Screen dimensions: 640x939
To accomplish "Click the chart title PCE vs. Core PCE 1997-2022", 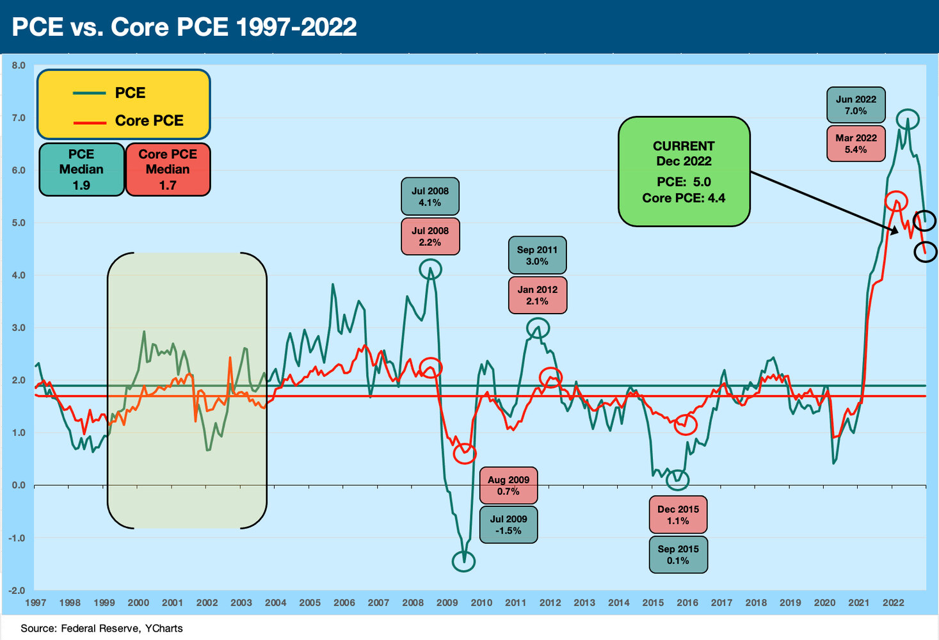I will pos(184,27).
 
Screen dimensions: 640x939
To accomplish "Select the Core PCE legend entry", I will pos(148,121).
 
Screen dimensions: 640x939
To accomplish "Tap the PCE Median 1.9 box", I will pos(81,170).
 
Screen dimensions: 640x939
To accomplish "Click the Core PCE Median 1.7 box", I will pos(168,170).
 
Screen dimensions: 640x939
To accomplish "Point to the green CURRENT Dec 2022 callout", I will pos(684,172).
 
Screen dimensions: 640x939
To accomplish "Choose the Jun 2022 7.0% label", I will pos(856,105).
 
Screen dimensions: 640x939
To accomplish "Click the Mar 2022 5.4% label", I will pos(856,144).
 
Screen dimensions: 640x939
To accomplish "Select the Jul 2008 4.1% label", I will pos(429,196).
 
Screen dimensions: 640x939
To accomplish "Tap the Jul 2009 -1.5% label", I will pos(508,525).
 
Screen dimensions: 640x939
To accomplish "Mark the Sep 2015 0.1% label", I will pos(678,554).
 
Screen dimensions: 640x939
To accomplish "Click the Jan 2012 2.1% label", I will pos(537,295).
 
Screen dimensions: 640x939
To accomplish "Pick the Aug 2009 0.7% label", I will pos(508,486).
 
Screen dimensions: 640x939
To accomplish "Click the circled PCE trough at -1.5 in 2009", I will pos(464,561).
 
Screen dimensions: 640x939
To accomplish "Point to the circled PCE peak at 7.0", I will pos(908,119).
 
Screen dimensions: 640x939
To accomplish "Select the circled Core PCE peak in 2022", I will pos(896,201).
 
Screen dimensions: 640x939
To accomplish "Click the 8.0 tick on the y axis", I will pos(18,65).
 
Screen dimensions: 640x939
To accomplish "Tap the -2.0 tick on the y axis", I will pos(17,591).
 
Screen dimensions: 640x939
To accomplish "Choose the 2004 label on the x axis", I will pos(275,603).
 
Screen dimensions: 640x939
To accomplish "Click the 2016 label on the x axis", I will pos(687,603).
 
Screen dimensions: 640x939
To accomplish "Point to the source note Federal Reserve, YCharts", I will pos(102,628).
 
